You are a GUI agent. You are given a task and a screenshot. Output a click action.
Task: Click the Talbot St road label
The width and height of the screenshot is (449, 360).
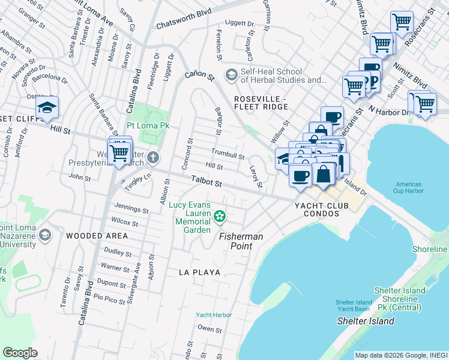[207, 181]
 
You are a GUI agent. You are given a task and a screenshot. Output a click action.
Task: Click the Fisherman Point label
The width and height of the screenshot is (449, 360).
[241, 236]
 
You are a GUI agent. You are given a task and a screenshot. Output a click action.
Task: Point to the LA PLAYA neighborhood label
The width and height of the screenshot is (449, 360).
[199, 272]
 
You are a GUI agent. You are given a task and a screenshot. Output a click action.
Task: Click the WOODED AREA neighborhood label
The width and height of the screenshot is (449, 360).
[97, 236]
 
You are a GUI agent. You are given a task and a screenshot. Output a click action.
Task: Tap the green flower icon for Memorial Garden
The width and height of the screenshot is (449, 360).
[220, 215]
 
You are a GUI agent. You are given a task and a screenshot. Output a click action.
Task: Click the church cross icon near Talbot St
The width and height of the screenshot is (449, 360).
[153, 158]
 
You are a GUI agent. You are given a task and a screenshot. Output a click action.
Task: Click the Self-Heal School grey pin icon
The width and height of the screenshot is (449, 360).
[231, 75]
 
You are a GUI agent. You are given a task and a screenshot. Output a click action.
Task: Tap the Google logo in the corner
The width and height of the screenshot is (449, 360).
[20, 352]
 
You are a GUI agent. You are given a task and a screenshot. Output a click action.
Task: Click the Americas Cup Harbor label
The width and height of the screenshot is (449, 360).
[409, 187]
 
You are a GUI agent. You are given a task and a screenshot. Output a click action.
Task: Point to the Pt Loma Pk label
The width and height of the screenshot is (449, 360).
[148, 126]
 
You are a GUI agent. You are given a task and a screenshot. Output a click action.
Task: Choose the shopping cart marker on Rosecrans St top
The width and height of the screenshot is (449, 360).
[402, 23]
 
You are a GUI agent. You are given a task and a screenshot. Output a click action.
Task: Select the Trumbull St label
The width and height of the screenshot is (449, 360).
[228, 154]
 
